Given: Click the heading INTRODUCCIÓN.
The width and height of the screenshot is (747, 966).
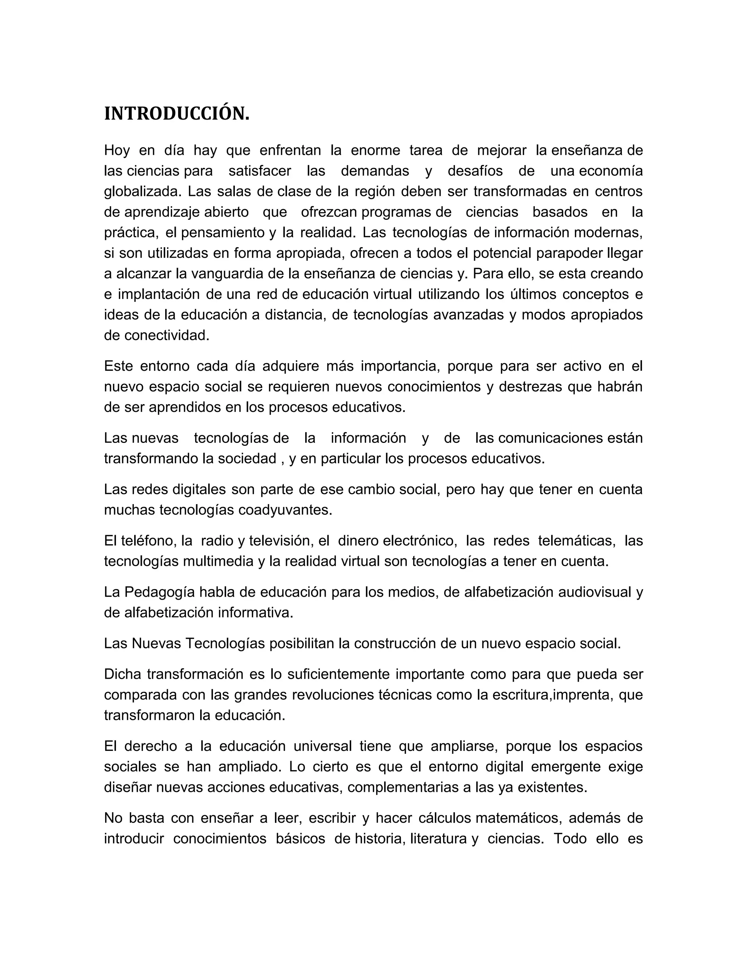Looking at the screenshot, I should [x=177, y=114].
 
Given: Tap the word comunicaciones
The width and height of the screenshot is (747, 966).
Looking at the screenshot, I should [x=550, y=438].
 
